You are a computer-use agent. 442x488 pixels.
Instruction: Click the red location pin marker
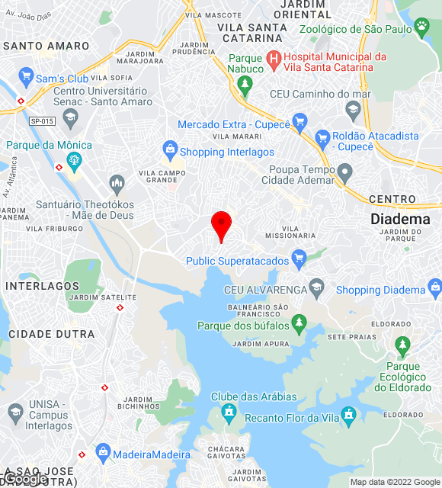click(221, 224)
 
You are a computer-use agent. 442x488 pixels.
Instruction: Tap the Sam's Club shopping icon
click(27, 78)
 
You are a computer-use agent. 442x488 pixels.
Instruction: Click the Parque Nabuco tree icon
click(245, 84)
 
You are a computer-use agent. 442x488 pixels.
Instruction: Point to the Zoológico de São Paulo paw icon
click(421, 28)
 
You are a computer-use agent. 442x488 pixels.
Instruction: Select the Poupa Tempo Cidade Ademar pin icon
click(345, 174)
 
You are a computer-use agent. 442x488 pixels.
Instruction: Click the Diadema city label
click(400, 219)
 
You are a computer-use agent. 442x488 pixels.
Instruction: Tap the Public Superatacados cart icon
click(299, 257)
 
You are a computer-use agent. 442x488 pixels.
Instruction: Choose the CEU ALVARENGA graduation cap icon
click(317, 288)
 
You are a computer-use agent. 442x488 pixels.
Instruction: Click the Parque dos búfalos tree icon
click(299, 323)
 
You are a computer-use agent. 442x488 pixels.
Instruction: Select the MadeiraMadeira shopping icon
click(103, 454)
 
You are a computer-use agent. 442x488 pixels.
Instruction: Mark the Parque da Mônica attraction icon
click(74, 160)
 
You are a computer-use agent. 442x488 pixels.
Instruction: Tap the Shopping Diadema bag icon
click(435, 288)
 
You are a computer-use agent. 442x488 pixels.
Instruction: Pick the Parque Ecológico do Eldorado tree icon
click(402, 346)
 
